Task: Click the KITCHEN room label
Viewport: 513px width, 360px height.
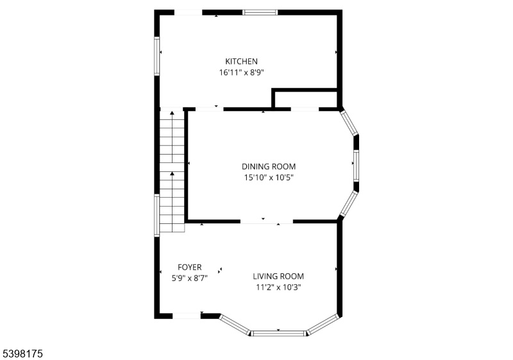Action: tap(242, 61)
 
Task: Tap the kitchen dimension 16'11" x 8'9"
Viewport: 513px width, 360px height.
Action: tap(242, 73)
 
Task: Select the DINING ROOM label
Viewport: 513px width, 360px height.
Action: tap(269, 167)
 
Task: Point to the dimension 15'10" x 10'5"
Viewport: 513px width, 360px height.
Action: tap(269, 178)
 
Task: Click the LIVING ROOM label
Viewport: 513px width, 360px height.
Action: tap(278, 276)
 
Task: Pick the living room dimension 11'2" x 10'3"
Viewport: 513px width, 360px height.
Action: tap(278, 287)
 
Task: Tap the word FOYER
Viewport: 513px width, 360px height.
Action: tap(190, 268)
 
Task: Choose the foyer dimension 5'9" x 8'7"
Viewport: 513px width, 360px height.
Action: tap(190, 279)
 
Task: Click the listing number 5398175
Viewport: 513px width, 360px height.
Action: tap(22, 354)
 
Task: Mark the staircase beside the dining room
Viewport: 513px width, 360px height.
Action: tap(172, 171)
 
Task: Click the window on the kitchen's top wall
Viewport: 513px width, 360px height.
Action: tap(260, 12)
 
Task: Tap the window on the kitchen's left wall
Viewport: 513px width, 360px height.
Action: tap(157, 56)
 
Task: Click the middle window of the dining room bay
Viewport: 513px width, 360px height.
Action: tap(357, 166)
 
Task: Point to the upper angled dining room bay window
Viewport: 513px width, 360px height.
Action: tap(349, 123)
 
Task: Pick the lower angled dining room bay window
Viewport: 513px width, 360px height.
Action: tap(349, 204)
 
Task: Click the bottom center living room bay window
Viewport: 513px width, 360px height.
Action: tap(278, 334)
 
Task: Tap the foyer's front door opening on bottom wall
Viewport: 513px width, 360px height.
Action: tap(187, 316)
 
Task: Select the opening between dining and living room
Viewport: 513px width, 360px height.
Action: tap(267, 221)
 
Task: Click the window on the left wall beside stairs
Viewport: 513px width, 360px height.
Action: tap(157, 215)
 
